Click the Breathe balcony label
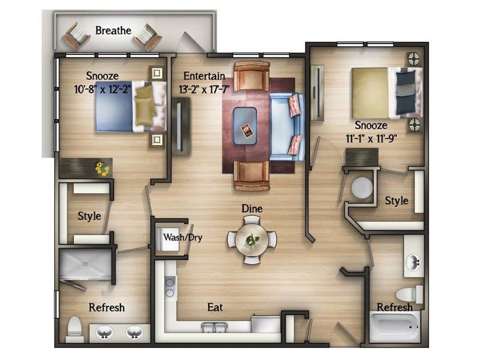click(x=113, y=31)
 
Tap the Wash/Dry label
click(x=182, y=237)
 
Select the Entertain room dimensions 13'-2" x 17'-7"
click(x=204, y=89)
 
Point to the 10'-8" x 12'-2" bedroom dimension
click(x=103, y=89)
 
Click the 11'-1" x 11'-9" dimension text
click(x=371, y=139)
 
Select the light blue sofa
click(x=287, y=127)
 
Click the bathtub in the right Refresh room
click(x=395, y=326)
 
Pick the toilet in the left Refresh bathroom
click(x=74, y=329)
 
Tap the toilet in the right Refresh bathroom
click(x=409, y=294)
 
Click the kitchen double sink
click(x=214, y=327)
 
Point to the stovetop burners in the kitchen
click(x=170, y=287)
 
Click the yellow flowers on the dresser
click(x=102, y=169)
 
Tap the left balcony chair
click(x=77, y=37)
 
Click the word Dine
click(x=252, y=208)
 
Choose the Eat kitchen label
click(x=215, y=307)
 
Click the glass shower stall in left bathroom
click(x=85, y=263)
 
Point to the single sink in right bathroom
click(x=413, y=262)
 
